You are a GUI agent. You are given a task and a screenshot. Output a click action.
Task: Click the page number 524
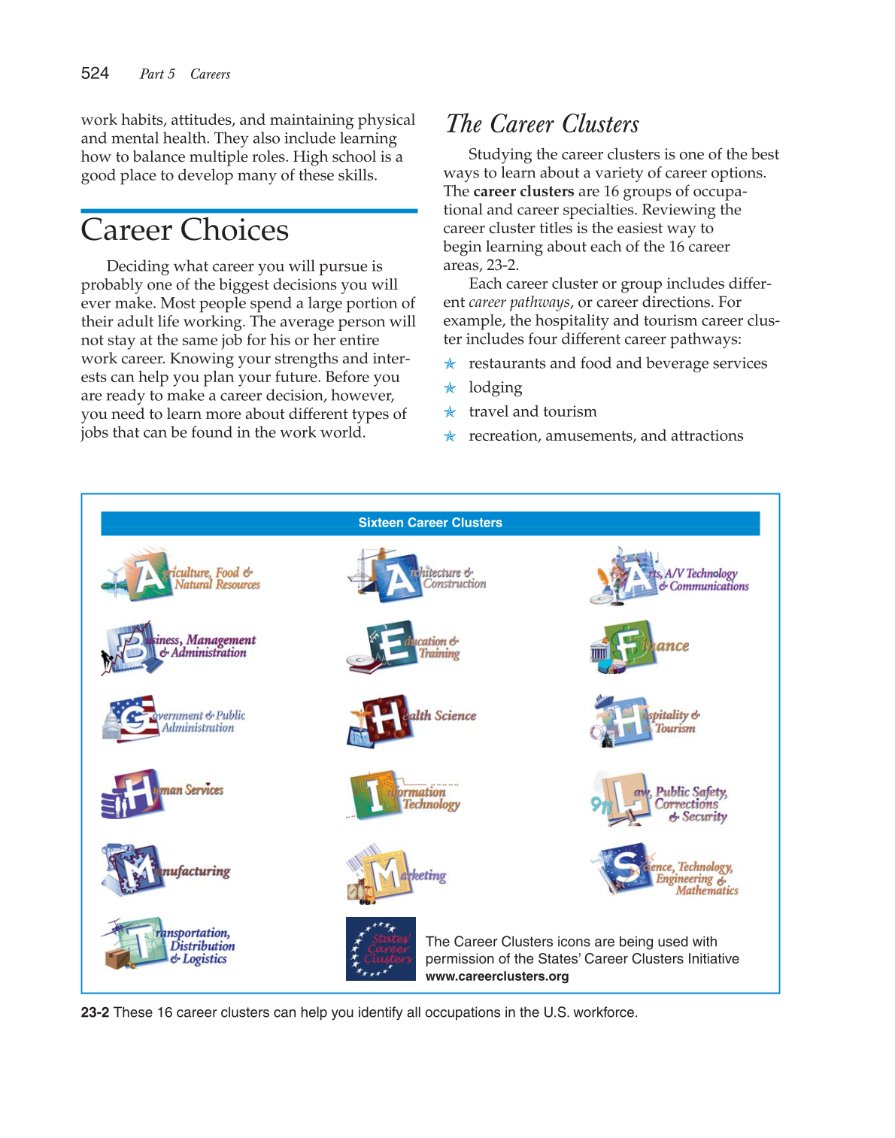95,73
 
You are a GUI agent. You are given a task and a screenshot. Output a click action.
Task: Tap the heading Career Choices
184,230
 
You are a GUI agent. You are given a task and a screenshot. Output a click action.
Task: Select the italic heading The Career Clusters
542,124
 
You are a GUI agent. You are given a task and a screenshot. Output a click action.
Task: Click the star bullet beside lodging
450,388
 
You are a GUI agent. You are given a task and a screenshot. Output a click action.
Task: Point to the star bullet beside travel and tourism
450,412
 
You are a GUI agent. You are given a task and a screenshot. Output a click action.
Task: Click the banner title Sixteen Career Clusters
430,523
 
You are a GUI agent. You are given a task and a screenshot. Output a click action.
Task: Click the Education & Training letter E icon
390,645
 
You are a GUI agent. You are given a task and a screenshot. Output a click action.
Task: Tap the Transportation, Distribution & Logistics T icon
139,942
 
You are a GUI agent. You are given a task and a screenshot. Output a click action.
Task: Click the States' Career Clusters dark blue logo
381,948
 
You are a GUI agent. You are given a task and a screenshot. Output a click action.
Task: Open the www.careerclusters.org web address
497,976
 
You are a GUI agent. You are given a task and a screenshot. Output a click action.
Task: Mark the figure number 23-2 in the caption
95,1012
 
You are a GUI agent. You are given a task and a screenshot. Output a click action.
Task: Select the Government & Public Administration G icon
134,719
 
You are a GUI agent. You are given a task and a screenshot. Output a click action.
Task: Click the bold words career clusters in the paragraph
523,191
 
